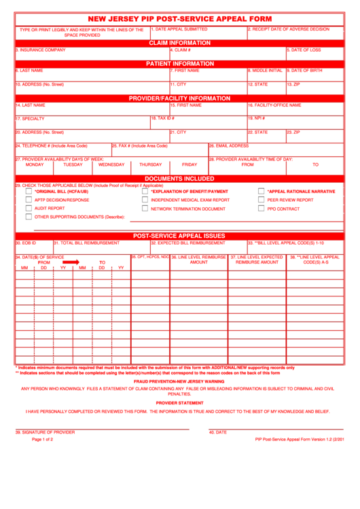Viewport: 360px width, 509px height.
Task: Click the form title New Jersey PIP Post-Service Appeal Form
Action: pos(180,18)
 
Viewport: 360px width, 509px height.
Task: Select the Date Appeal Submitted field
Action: pos(198,33)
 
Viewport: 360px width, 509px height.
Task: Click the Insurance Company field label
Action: pos(41,50)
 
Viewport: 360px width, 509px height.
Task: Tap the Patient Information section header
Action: pos(180,63)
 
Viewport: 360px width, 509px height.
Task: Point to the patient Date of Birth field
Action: pos(314,74)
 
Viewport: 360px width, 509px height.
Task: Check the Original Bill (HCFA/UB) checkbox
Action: pos(29,192)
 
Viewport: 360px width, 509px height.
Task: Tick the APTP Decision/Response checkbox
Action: pos(29,200)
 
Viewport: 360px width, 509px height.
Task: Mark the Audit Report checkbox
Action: pos(29,209)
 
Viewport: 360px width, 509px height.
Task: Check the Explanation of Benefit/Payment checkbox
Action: pos(145,192)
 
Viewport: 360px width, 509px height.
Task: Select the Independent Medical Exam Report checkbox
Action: pos(145,200)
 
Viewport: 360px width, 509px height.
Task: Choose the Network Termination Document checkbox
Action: pos(145,209)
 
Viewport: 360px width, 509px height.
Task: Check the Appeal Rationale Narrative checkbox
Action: pos(261,192)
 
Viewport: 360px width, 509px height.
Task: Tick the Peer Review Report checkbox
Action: pos(261,200)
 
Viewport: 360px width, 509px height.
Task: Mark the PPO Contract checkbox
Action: pos(261,209)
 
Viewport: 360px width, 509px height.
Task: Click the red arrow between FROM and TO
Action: pos(71,262)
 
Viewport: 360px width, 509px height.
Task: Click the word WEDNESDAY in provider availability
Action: pos(111,164)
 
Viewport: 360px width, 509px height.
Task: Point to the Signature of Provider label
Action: pos(45,432)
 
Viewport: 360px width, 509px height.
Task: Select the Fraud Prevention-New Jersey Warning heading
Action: pos(180,381)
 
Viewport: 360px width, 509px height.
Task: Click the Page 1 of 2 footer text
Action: pos(42,440)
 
